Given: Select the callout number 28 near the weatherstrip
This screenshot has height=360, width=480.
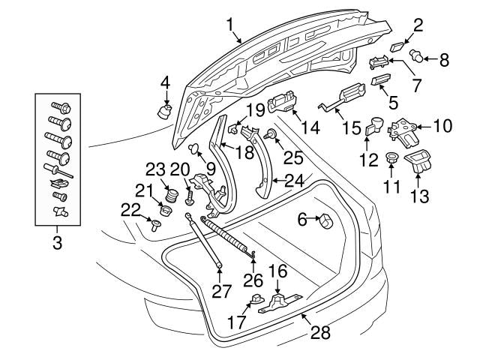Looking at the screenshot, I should pos(320,332).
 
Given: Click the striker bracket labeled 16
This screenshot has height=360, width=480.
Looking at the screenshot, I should pos(274,302).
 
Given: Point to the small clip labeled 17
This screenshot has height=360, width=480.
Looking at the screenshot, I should pos(256,300).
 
